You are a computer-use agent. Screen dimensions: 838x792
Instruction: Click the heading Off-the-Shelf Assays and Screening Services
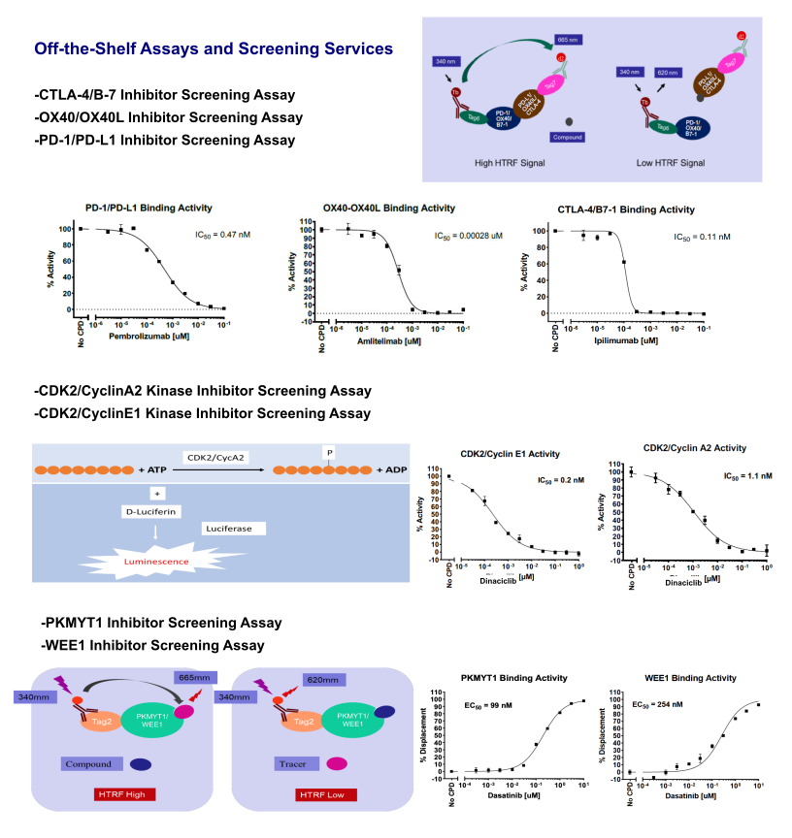pyautogui.click(x=213, y=48)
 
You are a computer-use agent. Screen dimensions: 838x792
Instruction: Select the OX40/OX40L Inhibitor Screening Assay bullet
pyautogui.click(x=168, y=117)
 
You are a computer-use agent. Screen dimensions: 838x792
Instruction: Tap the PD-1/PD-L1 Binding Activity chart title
pyautogui.click(x=149, y=208)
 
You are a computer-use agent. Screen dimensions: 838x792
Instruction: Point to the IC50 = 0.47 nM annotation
pyautogui.click(x=220, y=234)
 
